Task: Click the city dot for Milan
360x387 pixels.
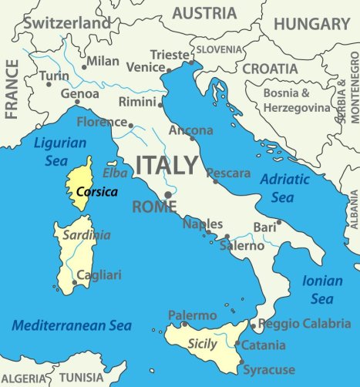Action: click(x=84, y=67)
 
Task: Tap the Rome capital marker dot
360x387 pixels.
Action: click(x=168, y=194)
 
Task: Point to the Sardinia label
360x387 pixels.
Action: click(x=86, y=235)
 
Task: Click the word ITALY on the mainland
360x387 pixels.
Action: click(x=167, y=165)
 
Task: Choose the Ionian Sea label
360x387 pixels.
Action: click(x=321, y=290)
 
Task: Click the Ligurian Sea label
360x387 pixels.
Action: click(x=58, y=150)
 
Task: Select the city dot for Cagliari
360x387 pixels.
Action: click(x=74, y=283)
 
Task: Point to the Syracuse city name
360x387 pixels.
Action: click(x=269, y=370)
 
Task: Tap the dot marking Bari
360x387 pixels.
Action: click(x=278, y=222)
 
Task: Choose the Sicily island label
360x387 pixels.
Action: click(x=202, y=345)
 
